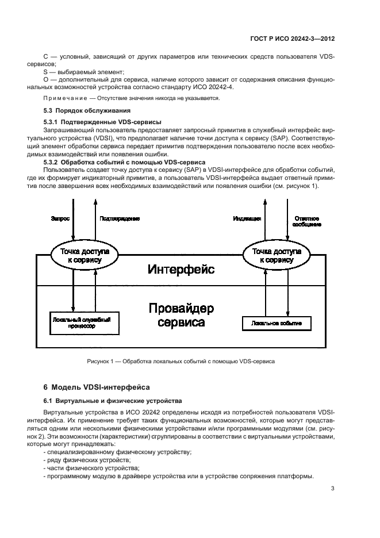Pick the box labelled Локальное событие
(x=277, y=324)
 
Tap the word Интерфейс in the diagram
(x=181, y=269)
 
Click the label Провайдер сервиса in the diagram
(x=181, y=316)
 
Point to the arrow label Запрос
(x=60, y=218)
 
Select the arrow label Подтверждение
(x=120, y=218)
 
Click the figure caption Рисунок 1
(x=181, y=362)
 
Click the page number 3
(x=333, y=489)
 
